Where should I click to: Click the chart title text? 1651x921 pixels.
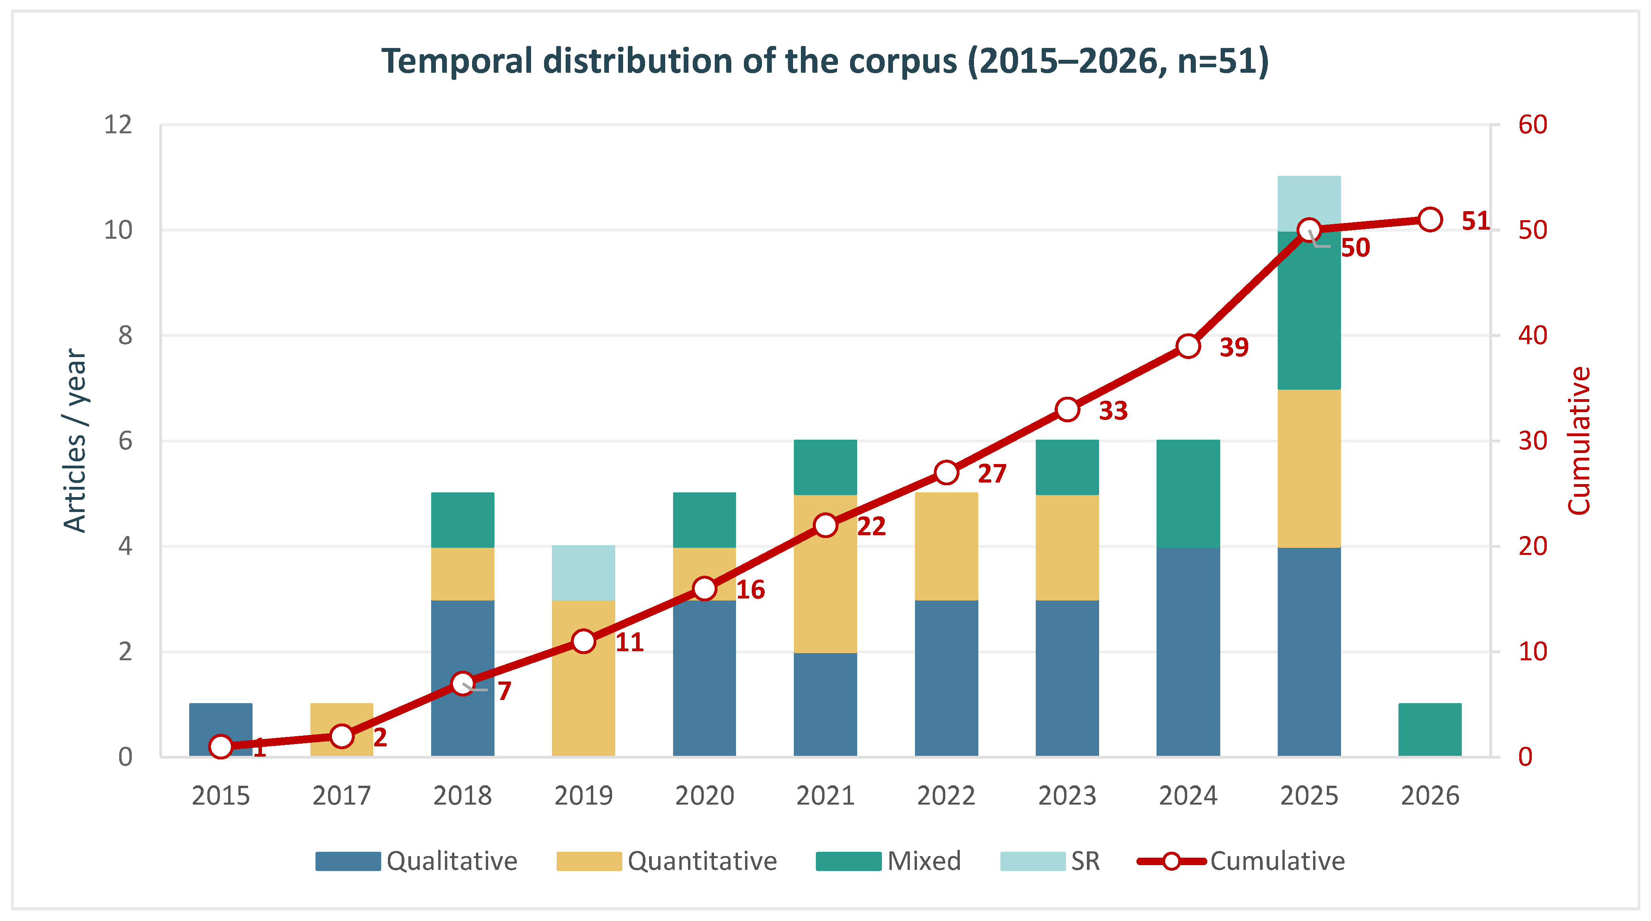(x=825, y=61)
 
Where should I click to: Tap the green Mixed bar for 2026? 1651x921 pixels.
(x=1430, y=729)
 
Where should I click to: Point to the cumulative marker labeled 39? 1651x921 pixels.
(x=1188, y=346)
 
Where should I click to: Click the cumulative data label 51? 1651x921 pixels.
(x=1476, y=221)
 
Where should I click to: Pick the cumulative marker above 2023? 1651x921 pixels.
(x=1067, y=409)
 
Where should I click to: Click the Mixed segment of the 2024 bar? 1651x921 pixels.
(x=1188, y=494)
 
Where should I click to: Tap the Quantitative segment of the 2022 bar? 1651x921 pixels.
(x=946, y=546)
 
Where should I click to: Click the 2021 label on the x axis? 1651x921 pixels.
(x=825, y=796)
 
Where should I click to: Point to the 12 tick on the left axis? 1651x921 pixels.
(x=118, y=124)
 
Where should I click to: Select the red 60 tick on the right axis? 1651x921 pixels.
(x=1533, y=124)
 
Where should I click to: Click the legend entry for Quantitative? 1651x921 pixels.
(x=666, y=861)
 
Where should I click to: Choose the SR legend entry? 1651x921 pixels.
(x=1050, y=861)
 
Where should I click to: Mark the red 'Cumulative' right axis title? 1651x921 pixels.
(x=1579, y=440)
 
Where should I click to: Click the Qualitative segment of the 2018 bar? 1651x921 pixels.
(x=462, y=678)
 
